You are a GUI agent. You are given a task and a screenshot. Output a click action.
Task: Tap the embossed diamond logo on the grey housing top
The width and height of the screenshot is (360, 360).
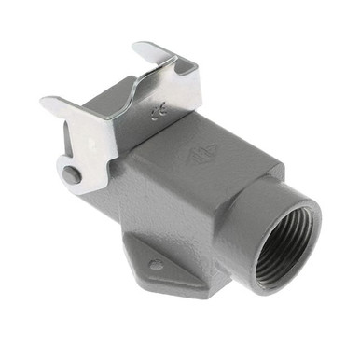[221, 145]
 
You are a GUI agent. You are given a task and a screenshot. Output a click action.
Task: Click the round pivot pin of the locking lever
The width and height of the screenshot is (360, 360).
[72, 173]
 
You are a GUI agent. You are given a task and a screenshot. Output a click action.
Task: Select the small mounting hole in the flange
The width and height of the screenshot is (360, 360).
[156, 265]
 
